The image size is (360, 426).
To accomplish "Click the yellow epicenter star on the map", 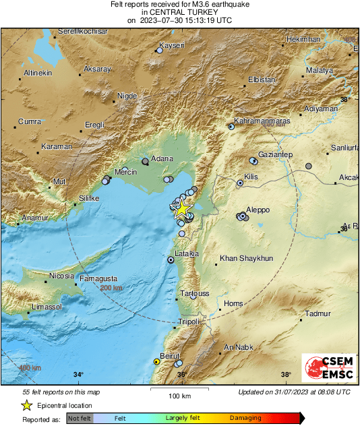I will [x=181, y=208].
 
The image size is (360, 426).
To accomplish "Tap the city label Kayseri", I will [x=171, y=47].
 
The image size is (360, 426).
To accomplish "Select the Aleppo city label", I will [x=259, y=210].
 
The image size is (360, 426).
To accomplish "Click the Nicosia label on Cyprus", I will [x=61, y=276].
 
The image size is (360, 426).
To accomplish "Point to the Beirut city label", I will [x=167, y=355].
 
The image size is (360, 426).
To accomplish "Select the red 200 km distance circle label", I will [x=112, y=288].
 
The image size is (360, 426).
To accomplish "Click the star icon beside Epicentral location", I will [x=26, y=405].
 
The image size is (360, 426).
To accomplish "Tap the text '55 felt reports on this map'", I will [x=61, y=392].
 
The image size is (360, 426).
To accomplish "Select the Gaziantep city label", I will [x=275, y=154].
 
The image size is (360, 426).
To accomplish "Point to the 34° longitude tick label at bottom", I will [x=78, y=375].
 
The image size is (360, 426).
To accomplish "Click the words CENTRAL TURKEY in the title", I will [x=180, y=12].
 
